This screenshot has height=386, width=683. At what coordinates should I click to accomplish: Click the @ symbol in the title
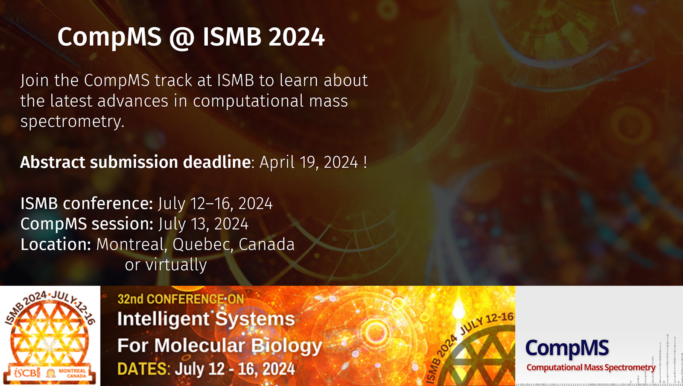(182, 38)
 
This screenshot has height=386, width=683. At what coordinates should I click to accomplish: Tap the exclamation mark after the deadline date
(365, 162)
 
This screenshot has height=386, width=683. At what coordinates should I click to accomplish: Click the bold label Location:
(56, 244)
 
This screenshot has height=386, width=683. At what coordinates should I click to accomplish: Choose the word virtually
(176, 265)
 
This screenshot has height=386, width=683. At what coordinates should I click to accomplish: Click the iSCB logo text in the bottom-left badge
(26, 373)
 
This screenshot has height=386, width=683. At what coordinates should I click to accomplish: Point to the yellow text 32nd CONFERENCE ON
(181, 299)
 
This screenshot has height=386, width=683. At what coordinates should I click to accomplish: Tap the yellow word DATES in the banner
(142, 369)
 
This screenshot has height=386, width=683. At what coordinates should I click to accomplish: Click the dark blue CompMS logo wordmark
(567, 348)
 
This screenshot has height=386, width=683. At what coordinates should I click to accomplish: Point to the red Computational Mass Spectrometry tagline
(591, 367)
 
